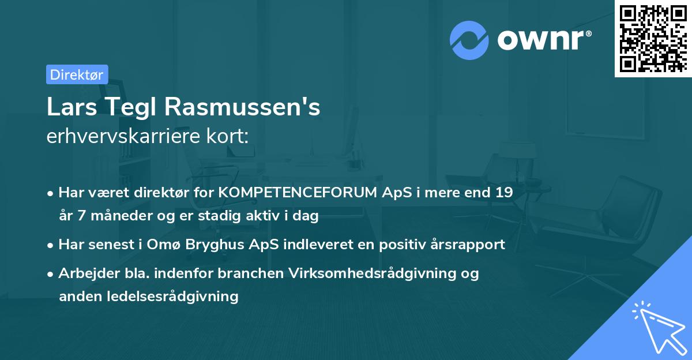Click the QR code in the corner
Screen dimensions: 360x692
652,38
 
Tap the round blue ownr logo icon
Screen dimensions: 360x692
469,40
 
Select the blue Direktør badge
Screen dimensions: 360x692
77,74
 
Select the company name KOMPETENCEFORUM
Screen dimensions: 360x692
299,193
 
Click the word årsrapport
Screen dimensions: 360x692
464,245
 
